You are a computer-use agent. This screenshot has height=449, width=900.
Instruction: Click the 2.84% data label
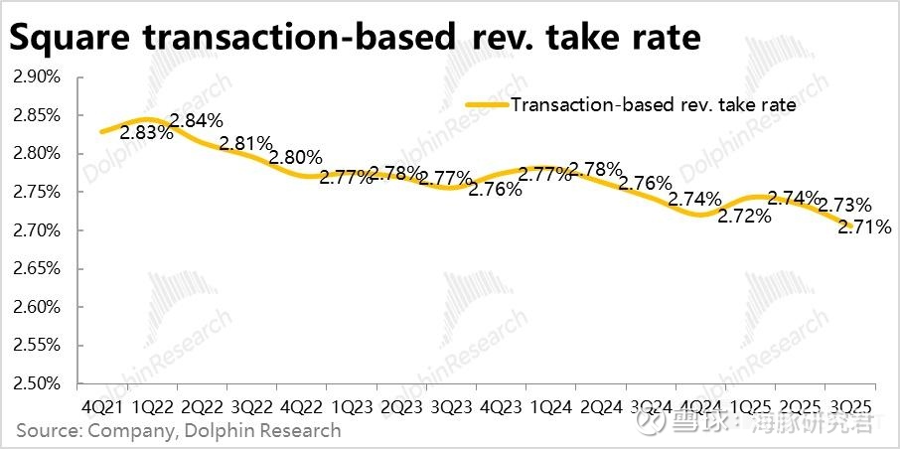[x=197, y=122]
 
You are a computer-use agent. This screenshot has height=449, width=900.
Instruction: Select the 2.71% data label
[x=865, y=226]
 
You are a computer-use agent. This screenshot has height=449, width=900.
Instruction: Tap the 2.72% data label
[x=745, y=215]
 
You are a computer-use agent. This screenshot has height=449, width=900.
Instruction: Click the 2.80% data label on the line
[x=296, y=157]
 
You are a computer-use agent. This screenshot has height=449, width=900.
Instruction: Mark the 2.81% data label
[x=246, y=144]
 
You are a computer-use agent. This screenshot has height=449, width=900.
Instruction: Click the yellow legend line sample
[x=487, y=102]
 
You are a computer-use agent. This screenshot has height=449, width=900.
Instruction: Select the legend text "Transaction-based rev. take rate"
[x=653, y=103]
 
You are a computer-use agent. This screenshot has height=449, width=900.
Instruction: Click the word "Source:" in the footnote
[x=49, y=430]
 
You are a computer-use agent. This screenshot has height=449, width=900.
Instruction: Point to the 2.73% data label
[x=844, y=205]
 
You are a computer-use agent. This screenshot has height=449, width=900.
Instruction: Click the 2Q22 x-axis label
[x=203, y=407]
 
